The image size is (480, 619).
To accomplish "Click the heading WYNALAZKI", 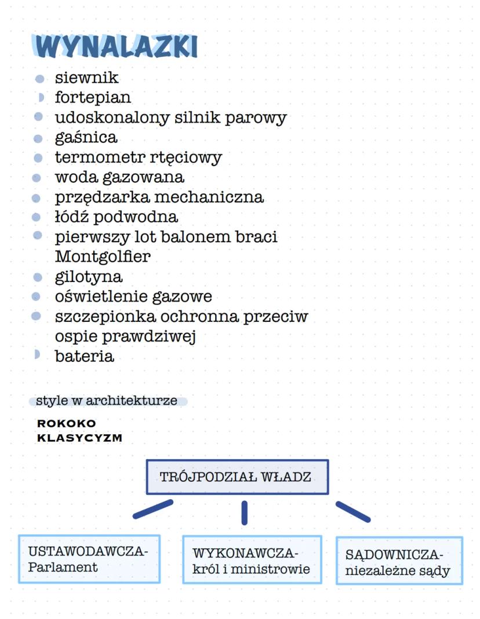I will pos(116,46).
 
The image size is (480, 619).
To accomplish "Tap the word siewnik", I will pos(86,78).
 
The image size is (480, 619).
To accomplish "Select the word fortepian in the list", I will pos(93,97).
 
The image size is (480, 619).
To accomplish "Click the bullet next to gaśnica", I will pos(38,138).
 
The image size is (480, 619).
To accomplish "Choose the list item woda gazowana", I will pos(119,177).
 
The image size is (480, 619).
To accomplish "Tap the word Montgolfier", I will pos(103,256).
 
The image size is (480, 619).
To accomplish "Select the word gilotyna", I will pos(89,276).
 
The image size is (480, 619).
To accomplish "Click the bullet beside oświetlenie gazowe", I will pos(37,296).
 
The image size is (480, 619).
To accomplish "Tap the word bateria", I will pos(84,356).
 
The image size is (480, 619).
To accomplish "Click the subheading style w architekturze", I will pos(107,401).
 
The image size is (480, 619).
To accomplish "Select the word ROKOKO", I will pos(66,424).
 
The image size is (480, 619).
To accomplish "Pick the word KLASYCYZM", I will pos(79,438).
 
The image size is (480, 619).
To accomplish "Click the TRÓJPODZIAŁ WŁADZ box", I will pos(237,477).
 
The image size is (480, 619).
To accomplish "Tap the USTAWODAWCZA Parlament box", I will pos(89,559).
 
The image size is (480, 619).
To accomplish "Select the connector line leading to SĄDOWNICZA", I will pos(352,511).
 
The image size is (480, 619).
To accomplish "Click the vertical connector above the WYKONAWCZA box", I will pos(244,512).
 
